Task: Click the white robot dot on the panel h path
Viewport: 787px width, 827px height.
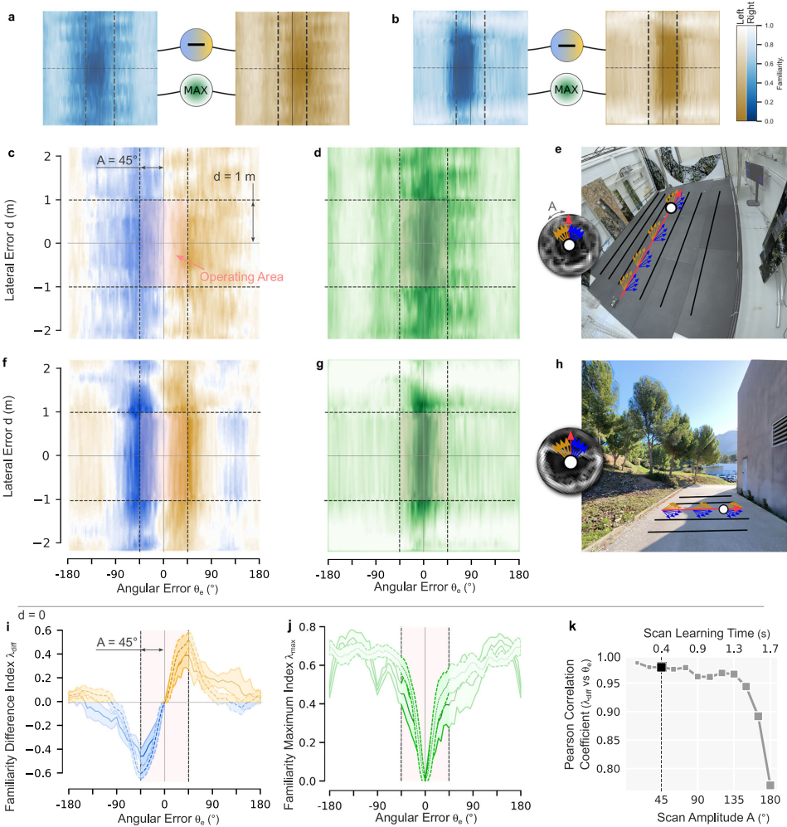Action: click(722, 508)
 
